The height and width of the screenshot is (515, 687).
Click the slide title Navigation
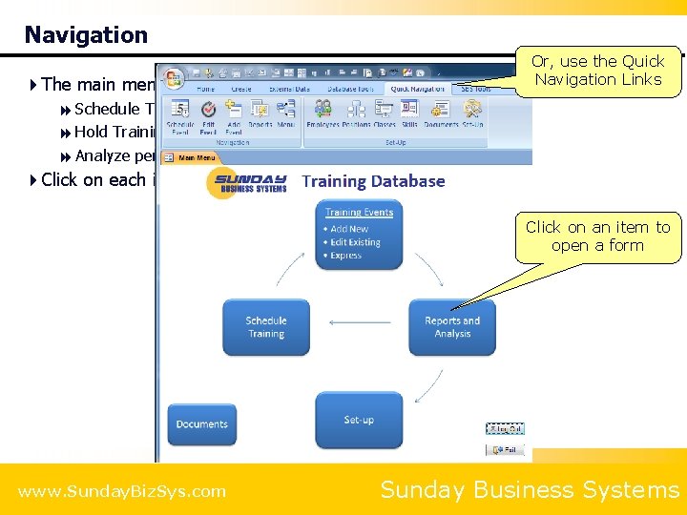click(x=86, y=35)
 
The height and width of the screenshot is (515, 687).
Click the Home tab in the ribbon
click(x=206, y=89)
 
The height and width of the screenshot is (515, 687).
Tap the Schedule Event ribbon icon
click(x=180, y=115)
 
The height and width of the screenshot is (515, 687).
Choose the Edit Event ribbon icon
click(x=208, y=115)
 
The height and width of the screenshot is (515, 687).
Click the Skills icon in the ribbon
click(x=409, y=115)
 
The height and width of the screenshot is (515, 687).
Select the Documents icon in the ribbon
click(x=441, y=115)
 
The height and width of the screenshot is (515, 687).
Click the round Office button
click(x=173, y=76)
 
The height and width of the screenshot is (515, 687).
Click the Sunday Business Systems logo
click(x=247, y=181)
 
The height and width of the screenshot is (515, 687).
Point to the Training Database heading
click(x=373, y=181)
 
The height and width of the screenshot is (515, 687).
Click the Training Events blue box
click(x=359, y=234)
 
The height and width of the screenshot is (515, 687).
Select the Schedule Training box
click(x=266, y=327)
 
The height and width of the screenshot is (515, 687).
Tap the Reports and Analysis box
click(x=452, y=327)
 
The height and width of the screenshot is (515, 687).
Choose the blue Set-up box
click(x=359, y=420)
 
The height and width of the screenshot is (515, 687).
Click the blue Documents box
click(x=201, y=424)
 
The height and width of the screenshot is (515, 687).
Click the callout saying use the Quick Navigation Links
click(x=597, y=71)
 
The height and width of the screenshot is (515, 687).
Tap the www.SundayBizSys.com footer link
click(x=122, y=491)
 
